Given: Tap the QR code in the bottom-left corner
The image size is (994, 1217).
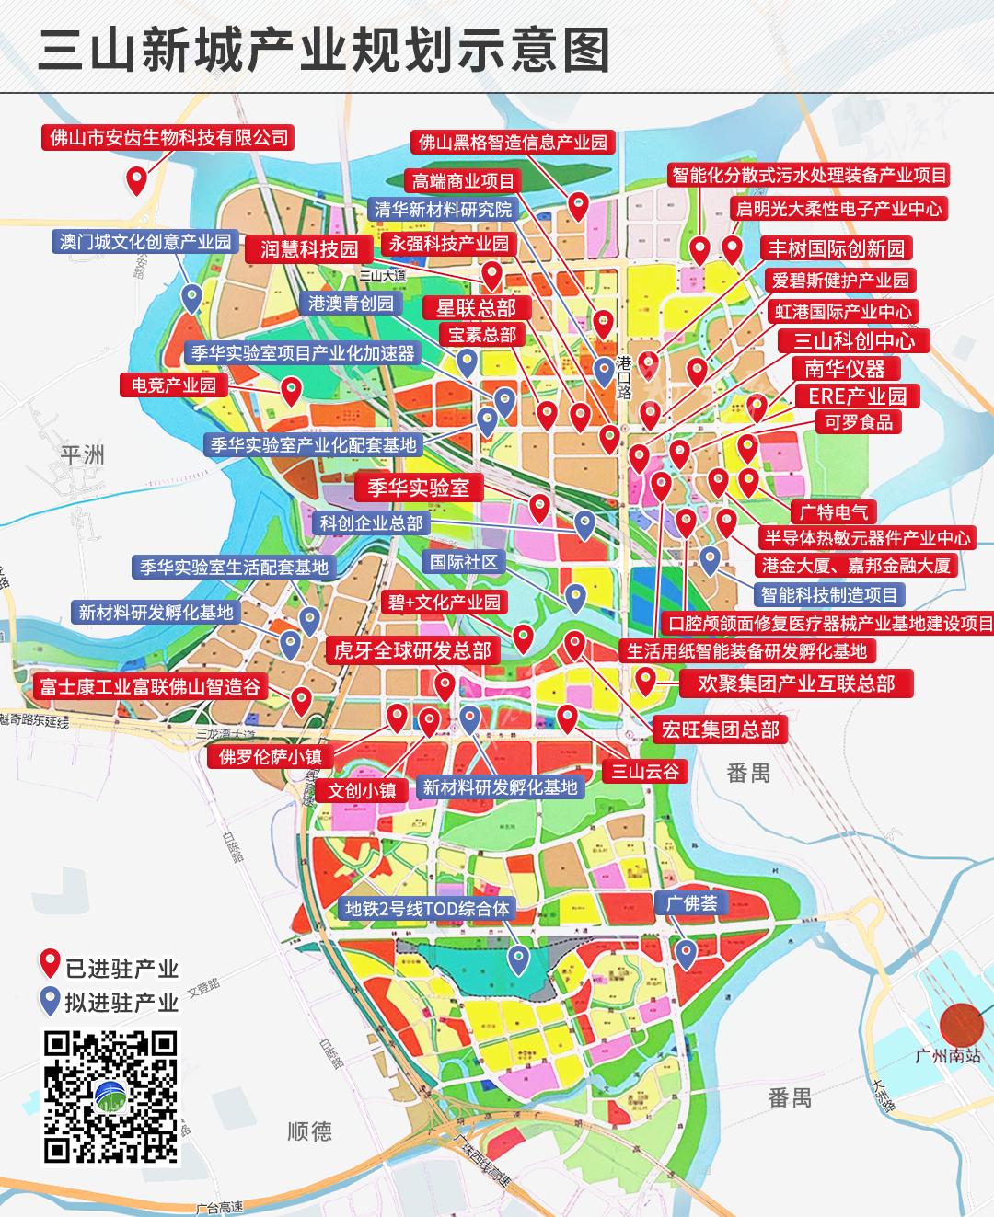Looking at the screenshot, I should click(x=110, y=1096).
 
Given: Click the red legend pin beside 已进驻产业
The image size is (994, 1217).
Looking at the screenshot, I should click(x=51, y=966).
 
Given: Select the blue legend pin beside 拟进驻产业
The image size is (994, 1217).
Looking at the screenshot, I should click(x=51, y=1001).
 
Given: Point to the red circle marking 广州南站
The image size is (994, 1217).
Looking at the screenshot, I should click(x=962, y=1024).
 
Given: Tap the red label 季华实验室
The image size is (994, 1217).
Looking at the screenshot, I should click(x=419, y=488).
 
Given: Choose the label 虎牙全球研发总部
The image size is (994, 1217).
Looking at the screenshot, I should click(x=412, y=651).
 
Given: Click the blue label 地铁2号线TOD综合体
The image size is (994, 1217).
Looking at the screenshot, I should click(x=426, y=909).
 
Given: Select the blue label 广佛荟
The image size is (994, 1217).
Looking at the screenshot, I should click(x=692, y=902).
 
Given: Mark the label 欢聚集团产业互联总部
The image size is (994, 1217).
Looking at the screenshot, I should click(x=796, y=683).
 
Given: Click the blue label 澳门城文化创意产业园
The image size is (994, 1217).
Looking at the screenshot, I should click(x=145, y=242).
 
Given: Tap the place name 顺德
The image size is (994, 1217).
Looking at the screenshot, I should click(x=309, y=1131).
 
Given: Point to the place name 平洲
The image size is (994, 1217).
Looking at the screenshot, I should click(x=83, y=454).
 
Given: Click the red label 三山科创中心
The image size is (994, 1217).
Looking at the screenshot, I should click(x=854, y=341).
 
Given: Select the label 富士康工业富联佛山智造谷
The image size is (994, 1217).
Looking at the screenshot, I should click(x=150, y=686).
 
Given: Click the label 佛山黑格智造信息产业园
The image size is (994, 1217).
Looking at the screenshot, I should click(x=514, y=142).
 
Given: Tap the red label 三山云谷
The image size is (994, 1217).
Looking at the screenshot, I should click(x=645, y=771).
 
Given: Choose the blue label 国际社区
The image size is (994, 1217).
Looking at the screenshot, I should click(x=464, y=562).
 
